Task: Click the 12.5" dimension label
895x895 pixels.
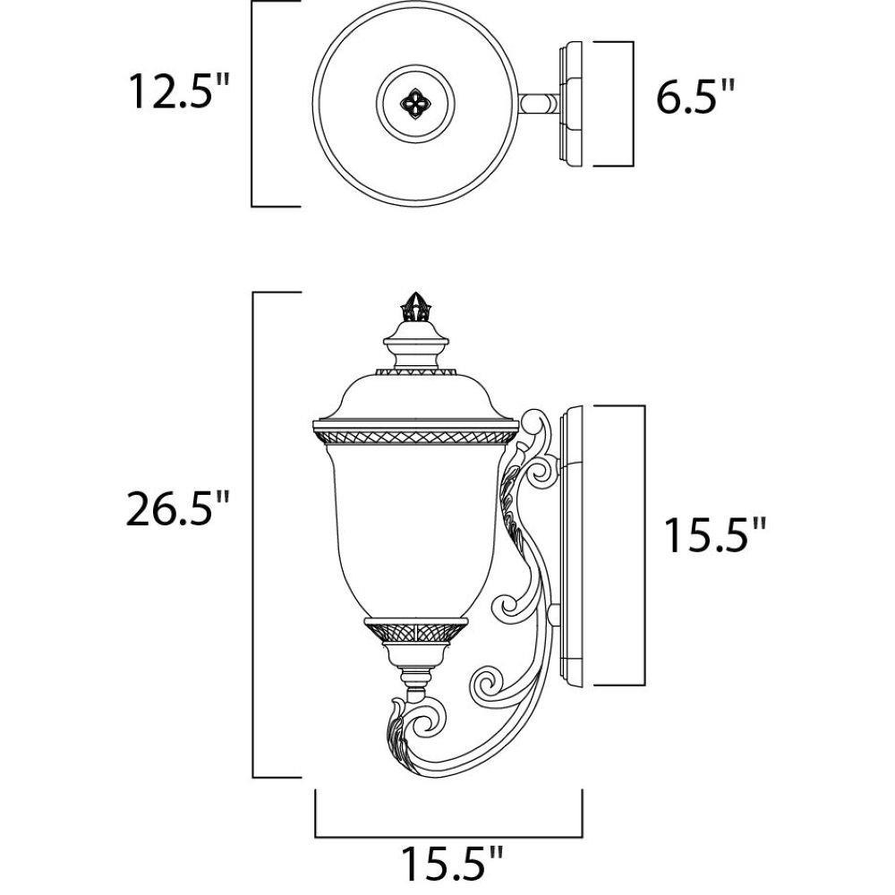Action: [179, 90]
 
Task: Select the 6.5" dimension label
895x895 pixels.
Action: [695, 96]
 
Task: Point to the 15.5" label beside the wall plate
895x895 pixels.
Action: [713, 535]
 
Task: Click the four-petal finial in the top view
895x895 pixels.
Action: [415, 104]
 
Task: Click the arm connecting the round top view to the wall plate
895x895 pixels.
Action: [540, 104]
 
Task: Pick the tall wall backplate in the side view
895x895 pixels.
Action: [571, 544]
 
